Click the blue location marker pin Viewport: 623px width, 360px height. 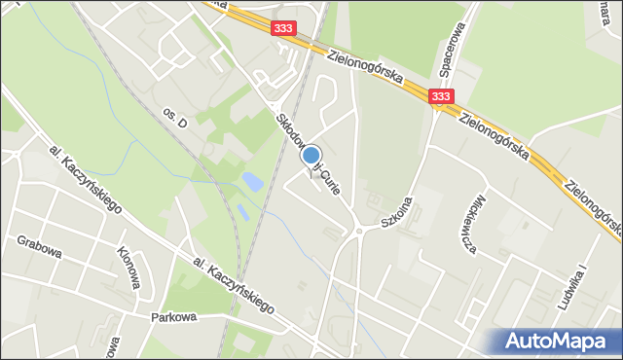[x=311, y=156]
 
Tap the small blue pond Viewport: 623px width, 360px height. [x=251, y=181]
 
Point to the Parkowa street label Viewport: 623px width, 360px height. [x=174, y=316]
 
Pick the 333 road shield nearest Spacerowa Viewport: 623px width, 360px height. [x=440, y=95]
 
